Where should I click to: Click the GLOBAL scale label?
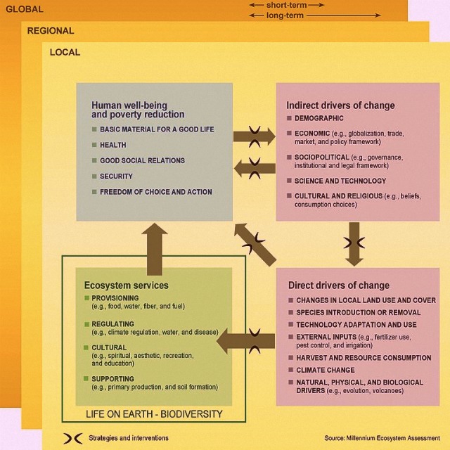pyautogui.click(x=24, y=9)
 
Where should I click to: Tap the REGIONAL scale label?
pyautogui.click(x=50, y=31)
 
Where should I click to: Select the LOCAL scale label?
pyautogui.click(x=65, y=52)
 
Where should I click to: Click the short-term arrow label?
pyautogui.click(x=285, y=5)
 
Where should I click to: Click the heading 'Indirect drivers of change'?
pyautogui.click(x=340, y=105)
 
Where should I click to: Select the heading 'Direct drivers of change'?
pyautogui.click(x=338, y=285)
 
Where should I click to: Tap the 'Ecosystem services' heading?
pyautogui.click(x=126, y=285)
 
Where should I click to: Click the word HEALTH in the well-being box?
pyautogui.click(x=112, y=145)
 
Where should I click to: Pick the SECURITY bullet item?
pyautogui.click(x=116, y=176)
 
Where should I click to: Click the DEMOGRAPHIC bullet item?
pyautogui.click(x=319, y=118)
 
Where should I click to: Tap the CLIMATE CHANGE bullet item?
pyautogui.click(x=325, y=370)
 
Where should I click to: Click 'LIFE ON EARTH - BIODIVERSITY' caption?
pyautogui.click(x=153, y=414)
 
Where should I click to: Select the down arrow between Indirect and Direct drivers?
pyautogui.click(x=354, y=243)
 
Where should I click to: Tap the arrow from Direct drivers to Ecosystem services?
pyautogui.click(x=245, y=342)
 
